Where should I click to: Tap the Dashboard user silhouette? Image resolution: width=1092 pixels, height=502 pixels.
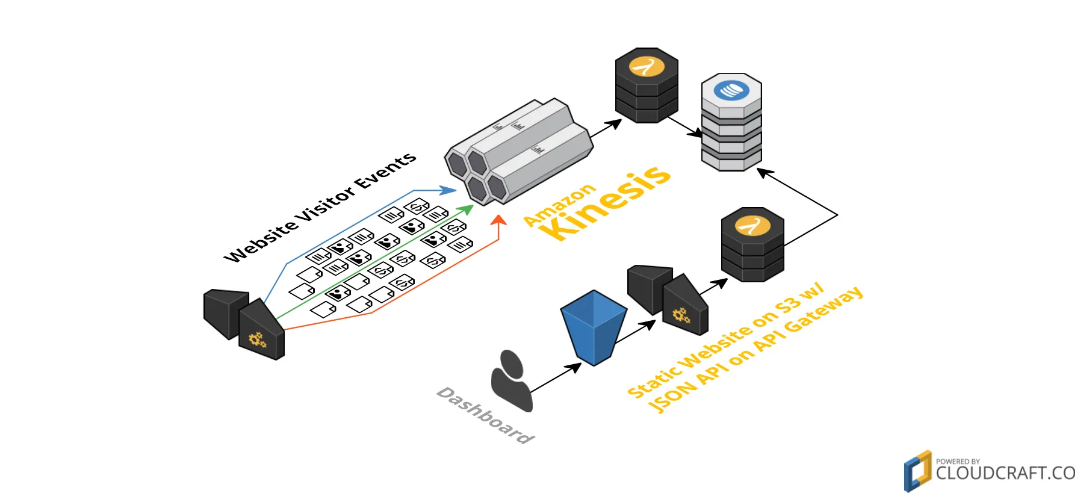(x=511, y=380)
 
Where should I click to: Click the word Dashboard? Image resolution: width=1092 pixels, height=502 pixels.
(x=485, y=415)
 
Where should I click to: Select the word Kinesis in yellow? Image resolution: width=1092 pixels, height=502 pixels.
(x=604, y=202)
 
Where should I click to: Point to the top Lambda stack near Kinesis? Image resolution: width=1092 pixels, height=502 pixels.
(x=647, y=85)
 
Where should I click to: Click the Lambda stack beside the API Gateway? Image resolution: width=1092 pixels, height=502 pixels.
(x=752, y=244)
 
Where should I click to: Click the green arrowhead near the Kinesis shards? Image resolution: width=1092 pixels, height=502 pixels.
(x=467, y=209)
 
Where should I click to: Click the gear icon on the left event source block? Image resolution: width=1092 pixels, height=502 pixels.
(x=258, y=340)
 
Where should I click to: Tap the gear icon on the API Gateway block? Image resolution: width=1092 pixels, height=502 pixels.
(x=681, y=315)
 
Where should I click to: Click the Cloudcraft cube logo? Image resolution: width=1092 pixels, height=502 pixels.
(x=917, y=471)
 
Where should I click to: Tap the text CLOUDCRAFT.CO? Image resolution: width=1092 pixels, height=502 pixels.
(x=1005, y=473)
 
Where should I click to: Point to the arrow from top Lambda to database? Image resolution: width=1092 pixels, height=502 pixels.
(x=685, y=126)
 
